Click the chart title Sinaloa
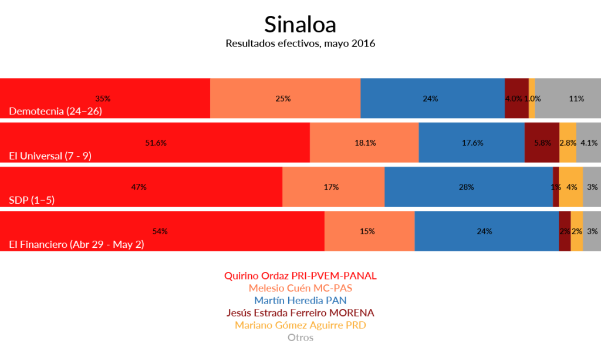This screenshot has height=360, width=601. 300,25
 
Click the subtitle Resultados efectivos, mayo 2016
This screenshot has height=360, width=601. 300,43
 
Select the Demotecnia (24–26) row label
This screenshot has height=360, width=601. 56,111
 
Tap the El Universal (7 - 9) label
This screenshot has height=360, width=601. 50,156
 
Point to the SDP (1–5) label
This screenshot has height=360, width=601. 32,200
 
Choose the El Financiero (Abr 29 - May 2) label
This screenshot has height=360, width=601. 76,244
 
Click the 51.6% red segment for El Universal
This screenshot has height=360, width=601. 155,142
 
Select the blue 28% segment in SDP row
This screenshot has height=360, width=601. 468,187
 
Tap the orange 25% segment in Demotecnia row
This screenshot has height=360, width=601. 285,98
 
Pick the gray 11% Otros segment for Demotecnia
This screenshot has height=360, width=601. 568,98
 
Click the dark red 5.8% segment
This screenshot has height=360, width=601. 542,142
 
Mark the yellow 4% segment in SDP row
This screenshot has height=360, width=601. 570,187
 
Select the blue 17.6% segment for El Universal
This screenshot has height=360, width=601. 471,142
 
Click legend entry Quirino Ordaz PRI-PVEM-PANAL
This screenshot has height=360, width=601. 300,275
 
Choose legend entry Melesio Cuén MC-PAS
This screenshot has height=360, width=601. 300,288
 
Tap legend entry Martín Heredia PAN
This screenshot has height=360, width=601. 300,300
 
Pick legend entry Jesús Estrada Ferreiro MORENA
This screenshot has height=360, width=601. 300,312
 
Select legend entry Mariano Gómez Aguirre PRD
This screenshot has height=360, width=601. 300,325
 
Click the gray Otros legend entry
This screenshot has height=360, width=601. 300,338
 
